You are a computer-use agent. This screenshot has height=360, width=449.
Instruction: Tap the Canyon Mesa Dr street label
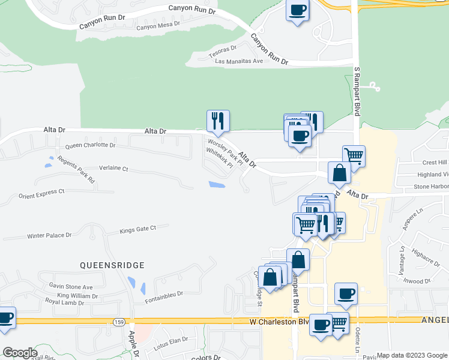158,27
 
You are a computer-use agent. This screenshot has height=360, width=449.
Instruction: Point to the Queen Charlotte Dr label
90,145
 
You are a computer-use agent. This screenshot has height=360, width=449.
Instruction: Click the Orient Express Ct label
41,194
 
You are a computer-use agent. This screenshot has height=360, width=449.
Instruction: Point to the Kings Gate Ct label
137,229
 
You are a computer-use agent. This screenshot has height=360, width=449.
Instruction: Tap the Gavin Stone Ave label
71,287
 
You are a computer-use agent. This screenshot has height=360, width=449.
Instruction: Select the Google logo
19,353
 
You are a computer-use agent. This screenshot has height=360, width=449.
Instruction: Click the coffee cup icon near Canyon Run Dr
298,10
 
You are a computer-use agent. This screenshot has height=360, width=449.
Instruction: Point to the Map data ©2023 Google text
412,355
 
